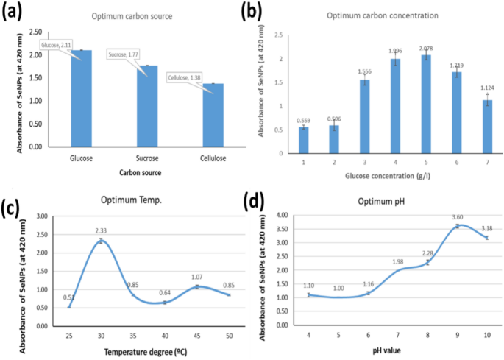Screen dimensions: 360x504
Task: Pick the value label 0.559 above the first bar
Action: tap(303, 120)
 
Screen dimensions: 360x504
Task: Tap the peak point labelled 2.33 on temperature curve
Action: tap(101, 241)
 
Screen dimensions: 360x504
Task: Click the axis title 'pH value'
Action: tap(392, 350)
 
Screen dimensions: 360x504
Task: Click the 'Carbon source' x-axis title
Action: tap(141, 174)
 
